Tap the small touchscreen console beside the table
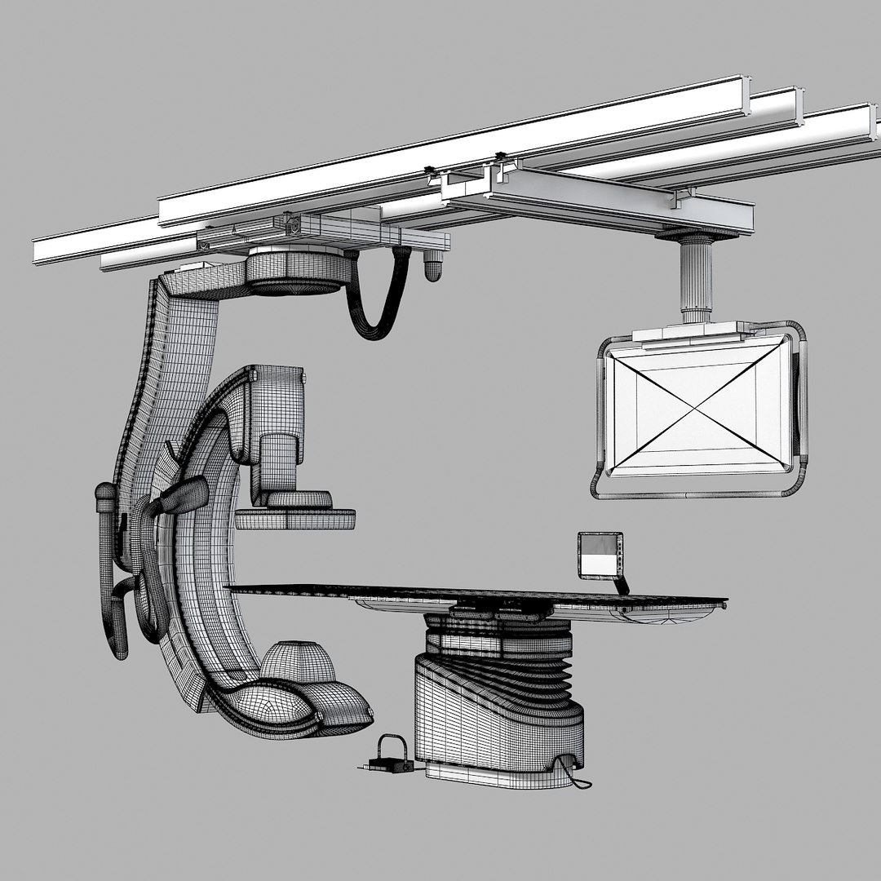pos(600,555)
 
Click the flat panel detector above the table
pos(295,518)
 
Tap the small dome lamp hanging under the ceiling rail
pos(433,266)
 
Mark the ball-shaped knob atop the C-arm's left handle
pos(105,494)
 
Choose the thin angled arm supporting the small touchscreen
pos(622,585)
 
